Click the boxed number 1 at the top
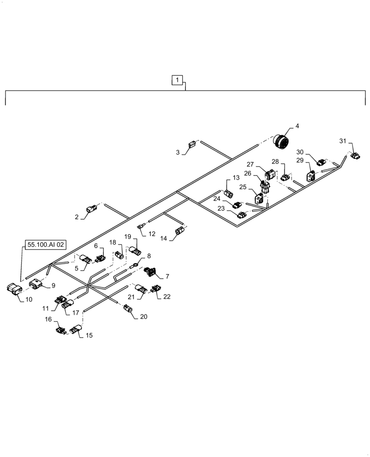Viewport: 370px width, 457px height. tap(177, 80)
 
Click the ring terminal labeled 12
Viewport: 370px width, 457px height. tap(140, 225)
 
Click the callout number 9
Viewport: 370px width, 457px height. tap(53, 286)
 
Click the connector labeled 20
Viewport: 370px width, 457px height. tap(129, 311)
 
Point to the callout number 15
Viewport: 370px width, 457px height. tap(89, 335)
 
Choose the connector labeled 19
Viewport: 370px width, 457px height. tap(135, 250)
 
